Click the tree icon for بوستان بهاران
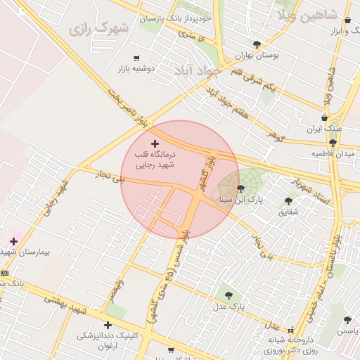coord(257,44)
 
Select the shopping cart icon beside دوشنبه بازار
coord(136,58)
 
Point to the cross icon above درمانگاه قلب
coord(155,143)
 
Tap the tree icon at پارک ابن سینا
coord(241,188)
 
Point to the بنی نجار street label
coord(108,177)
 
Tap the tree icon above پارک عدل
coord(228,295)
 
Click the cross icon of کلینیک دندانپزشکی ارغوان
coord(108,325)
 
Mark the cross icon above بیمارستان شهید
coord(13,241)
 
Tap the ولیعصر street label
coord(116,288)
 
